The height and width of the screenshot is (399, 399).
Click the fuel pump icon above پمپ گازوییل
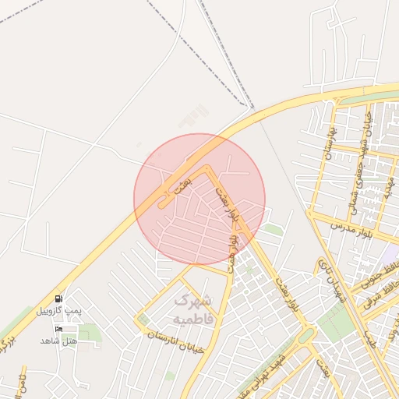tap(59, 299)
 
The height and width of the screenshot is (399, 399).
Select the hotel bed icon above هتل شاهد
tap(59, 329)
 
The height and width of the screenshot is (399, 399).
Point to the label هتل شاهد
tap(59, 341)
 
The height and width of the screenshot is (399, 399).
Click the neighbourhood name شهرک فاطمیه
tap(190, 309)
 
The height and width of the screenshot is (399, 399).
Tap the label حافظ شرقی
tap(383, 295)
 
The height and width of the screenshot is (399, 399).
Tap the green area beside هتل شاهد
tap(90, 334)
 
